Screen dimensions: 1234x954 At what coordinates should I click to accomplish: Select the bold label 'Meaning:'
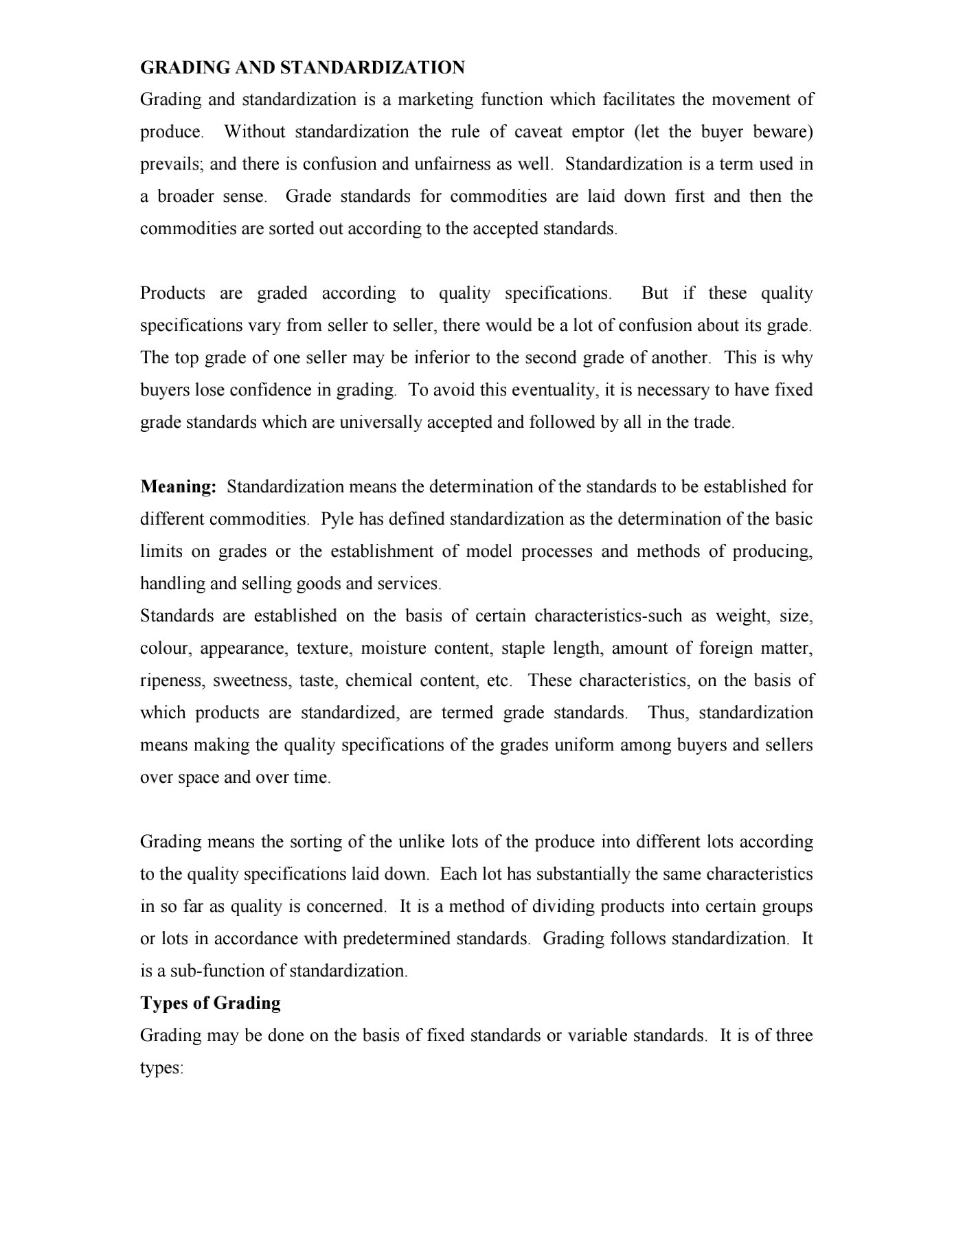179,487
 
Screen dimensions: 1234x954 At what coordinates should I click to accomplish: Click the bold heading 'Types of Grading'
210,1003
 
